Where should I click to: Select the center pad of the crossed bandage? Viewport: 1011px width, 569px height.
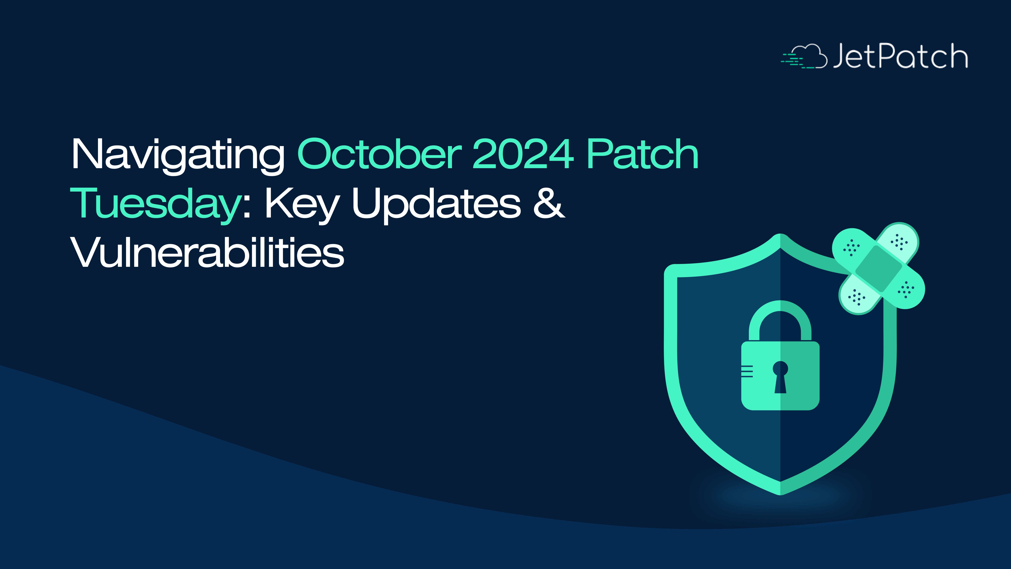(878, 269)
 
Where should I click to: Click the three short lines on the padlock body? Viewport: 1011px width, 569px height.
(747, 371)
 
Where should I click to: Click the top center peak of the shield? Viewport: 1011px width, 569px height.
(780, 236)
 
